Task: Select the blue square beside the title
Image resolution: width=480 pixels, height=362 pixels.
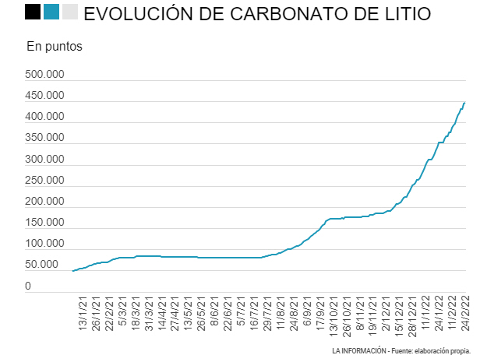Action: click(x=52, y=12)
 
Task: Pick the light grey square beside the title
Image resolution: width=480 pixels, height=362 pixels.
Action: click(x=70, y=12)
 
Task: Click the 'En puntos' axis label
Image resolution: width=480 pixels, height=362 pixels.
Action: click(x=54, y=46)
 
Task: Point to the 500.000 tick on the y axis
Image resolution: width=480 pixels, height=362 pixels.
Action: click(x=44, y=76)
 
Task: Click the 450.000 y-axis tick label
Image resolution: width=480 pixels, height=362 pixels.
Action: click(x=44, y=97)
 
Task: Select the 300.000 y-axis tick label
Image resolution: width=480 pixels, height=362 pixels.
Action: click(x=44, y=160)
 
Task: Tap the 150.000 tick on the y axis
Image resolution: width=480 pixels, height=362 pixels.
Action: click(x=44, y=223)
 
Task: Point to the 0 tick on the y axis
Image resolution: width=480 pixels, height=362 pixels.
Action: click(x=28, y=286)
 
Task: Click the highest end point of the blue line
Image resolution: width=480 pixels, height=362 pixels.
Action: click(x=464, y=102)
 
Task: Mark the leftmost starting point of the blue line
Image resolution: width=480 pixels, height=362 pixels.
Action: click(x=72, y=271)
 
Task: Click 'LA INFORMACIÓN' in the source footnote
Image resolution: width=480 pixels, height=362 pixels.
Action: click(x=359, y=352)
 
